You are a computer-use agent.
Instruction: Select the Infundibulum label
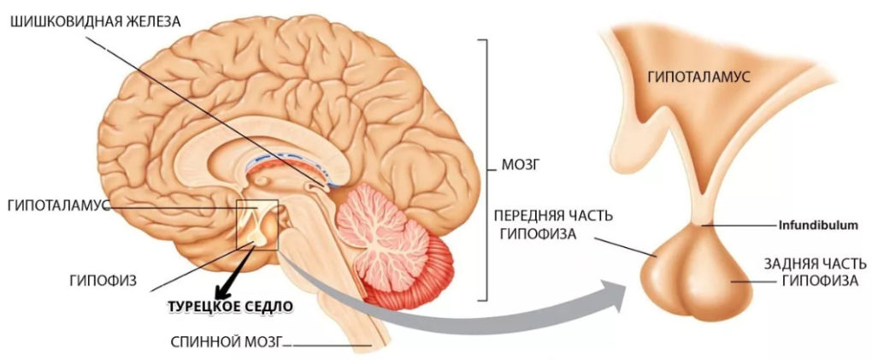pyautogui.click(x=817, y=226)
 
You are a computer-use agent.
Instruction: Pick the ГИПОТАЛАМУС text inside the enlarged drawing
pyautogui.click(x=699, y=77)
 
